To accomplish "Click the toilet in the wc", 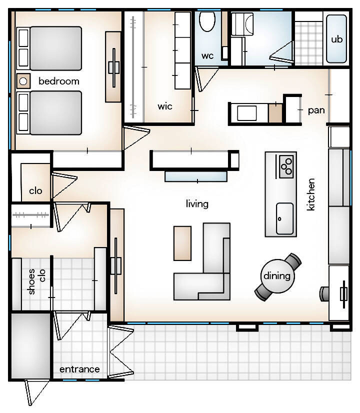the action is click(x=207, y=21).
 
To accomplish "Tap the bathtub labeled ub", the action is click(x=336, y=38).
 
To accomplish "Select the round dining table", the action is click(x=277, y=276).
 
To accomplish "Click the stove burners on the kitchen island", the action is click(x=286, y=166).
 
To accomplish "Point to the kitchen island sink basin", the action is click(x=284, y=218).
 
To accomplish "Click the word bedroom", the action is click(x=58, y=81).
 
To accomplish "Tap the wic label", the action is click(x=165, y=106).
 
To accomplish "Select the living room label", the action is click(x=197, y=204).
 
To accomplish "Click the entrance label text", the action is click(x=79, y=369).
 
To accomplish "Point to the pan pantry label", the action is click(x=316, y=110).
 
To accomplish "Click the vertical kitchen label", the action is click(x=311, y=194).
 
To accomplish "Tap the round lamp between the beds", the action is click(x=23, y=81).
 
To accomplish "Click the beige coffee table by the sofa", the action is click(x=182, y=243).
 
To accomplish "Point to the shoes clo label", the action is click(x=36, y=281).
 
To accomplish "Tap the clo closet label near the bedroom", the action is click(x=35, y=190).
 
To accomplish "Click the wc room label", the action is click(x=207, y=56).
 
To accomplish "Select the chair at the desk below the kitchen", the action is click(x=324, y=294).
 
